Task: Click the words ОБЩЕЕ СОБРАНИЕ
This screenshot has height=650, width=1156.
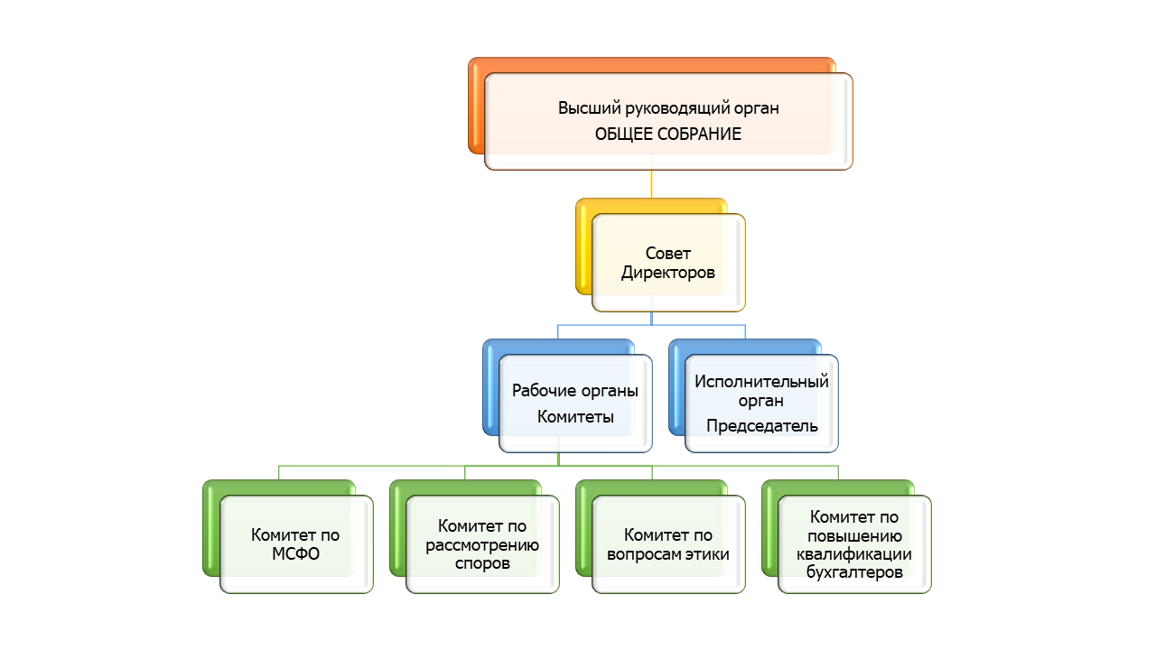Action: [667, 134]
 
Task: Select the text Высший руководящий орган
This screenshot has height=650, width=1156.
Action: [667, 108]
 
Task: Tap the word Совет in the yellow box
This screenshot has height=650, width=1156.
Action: [668, 254]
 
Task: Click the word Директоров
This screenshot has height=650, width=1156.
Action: [668, 272]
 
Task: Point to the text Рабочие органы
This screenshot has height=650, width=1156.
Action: [575, 391]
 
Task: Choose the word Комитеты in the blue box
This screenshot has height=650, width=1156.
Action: [575, 416]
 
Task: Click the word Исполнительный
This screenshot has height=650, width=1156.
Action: [761, 381]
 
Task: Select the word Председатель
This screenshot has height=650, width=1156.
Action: [761, 425]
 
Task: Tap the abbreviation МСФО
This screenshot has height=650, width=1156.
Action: [295, 553]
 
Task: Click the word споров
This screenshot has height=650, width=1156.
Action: [482, 563]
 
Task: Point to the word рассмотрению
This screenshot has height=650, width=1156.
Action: [482, 544]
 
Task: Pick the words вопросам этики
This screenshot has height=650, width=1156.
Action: [668, 553]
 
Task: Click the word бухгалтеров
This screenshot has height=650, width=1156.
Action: [854, 572]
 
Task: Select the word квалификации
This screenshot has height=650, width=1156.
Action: [854, 554]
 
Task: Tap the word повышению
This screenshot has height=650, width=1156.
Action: [854, 535]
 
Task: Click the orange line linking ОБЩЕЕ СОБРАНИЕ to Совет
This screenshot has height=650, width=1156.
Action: [651, 184]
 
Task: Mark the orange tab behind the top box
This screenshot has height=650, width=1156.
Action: [476, 108]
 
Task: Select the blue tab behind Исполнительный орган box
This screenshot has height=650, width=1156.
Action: [676, 388]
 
